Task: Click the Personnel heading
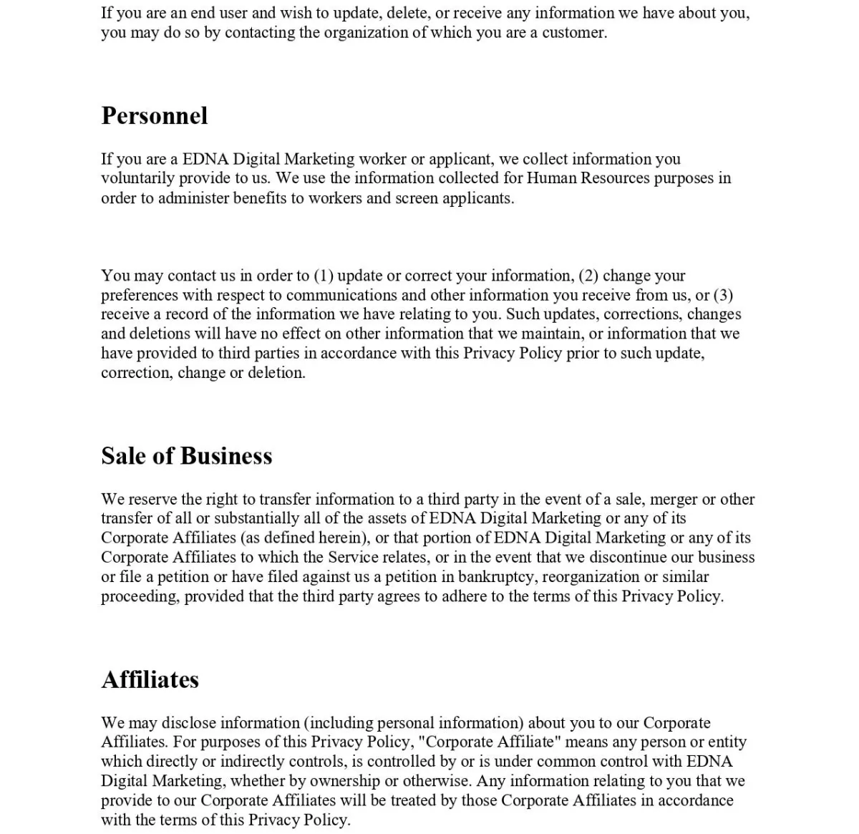pyautogui.click(x=155, y=116)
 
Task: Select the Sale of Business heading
pyautogui.click(x=187, y=456)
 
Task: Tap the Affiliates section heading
pyautogui.click(x=150, y=679)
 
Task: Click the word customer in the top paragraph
pyautogui.click(x=574, y=33)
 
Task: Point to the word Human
pyautogui.click(x=551, y=178)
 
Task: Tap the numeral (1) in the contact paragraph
pyautogui.click(x=324, y=276)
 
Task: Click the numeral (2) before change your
pyautogui.click(x=588, y=276)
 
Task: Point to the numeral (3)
pyautogui.click(x=723, y=296)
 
